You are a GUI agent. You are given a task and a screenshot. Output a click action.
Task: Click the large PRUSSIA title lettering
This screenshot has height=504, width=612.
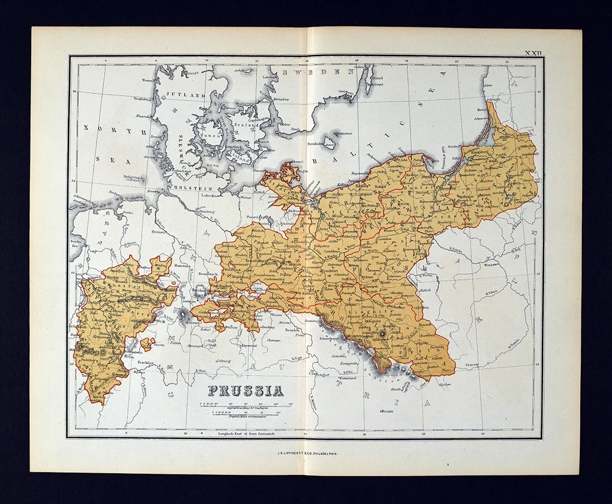click(245, 391)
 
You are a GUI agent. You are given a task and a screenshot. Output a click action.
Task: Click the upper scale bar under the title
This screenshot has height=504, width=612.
click(246, 404)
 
